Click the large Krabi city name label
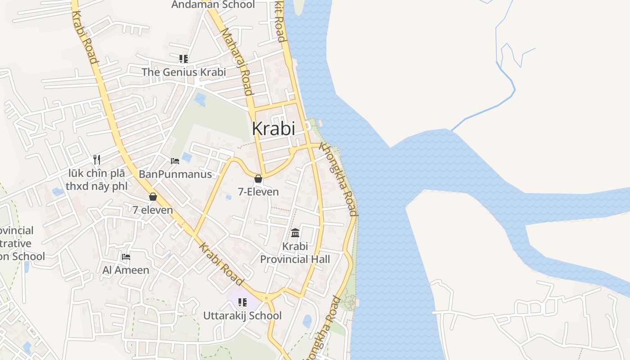274,129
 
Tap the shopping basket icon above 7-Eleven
258,179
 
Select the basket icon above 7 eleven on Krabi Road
153,197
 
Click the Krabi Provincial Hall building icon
295,233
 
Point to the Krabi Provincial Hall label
295,253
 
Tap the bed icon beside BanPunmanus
175,161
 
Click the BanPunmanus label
175,174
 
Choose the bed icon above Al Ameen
126,257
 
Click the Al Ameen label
126,270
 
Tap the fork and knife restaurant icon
96,159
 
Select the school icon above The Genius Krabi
183,59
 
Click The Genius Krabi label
184,72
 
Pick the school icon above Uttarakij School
243,302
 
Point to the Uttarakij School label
243,315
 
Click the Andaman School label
213,5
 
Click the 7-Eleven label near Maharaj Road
258,192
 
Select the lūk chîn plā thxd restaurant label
97,180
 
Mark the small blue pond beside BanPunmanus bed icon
187,157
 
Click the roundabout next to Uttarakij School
266,297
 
